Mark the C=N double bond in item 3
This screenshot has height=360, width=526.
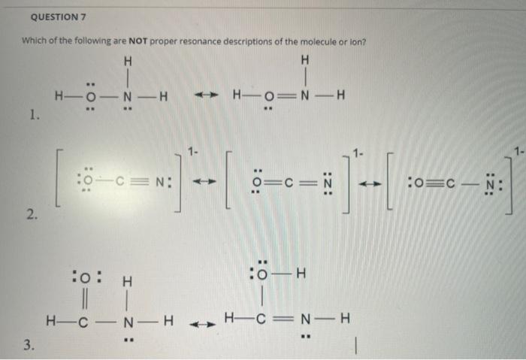click(x=286, y=318)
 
